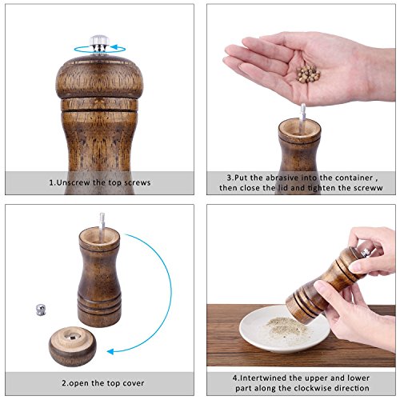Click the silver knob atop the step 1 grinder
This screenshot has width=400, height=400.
click(x=99, y=43)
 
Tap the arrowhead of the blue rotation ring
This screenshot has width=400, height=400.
click(x=114, y=47)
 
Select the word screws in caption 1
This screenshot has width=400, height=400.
click(x=138, y=182)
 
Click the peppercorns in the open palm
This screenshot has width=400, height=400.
click(x=308, y=73)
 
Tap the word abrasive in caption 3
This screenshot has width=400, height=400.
click(x=282, y=178)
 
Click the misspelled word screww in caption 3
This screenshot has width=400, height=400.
click(x=368, y=188)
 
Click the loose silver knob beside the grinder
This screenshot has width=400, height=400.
click(x=41, y=310)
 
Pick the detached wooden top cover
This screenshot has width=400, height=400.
click(x=73, y=346)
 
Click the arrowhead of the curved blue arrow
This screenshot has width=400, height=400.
click(x=110, y=351)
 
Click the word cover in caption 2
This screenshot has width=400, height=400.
click(x=134, y=383)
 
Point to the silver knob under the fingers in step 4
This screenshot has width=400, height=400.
click(x=366, y=251)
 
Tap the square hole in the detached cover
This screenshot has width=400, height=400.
click(x=73, y=338)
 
